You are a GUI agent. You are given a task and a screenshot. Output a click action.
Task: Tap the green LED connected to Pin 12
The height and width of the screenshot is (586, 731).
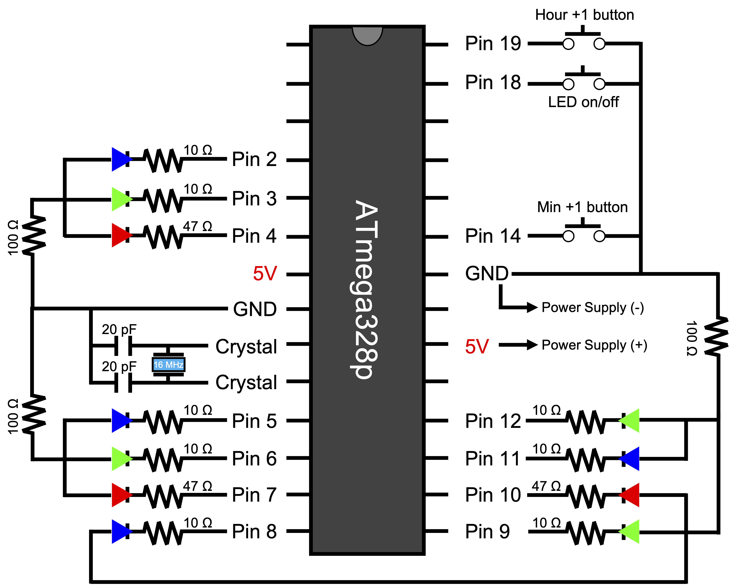[x=630, y=420]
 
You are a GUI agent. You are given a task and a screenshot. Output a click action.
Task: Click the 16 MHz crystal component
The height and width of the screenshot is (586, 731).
[x=168, y=365]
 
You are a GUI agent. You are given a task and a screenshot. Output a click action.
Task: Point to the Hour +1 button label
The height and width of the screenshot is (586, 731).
[x=584, y=15]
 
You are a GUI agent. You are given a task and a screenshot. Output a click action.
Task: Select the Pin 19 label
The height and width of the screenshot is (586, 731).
[x=492, y=44]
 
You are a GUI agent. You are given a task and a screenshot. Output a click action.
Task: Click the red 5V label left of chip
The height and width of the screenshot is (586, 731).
[x=265, y=274]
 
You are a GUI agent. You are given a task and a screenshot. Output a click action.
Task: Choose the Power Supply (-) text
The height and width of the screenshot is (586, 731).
[x=592, y=308]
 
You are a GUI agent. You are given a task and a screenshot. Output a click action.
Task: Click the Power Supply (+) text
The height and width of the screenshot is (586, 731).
[x=594, y=345]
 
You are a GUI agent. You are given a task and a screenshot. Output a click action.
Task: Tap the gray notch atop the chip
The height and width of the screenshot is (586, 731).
[x=367, y=35]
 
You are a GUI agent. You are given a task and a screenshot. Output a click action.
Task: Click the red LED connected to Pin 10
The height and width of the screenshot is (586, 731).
[x=630, y=495]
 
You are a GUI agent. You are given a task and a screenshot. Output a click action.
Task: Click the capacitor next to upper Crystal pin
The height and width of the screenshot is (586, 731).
[x=123, y=346]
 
